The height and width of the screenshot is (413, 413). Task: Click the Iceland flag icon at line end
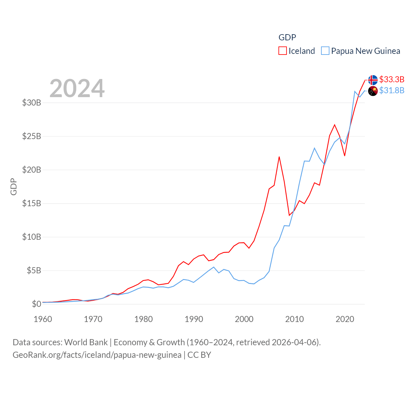coord(373,80)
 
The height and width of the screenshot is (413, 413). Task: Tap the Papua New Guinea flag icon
coord(373,91)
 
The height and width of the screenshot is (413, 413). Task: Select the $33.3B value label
coord(392,79)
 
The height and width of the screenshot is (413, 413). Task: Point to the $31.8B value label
coord(392,90)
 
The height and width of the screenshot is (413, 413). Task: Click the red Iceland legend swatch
coord(282,51)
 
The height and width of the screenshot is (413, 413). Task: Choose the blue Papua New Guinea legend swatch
coord(325,51)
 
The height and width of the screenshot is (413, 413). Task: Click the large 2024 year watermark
coord(77,88)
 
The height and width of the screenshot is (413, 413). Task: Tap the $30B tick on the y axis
coord(32,103)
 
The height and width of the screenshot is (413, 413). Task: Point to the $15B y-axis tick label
coord(32,203)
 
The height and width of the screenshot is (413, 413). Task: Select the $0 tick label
coord(36,304)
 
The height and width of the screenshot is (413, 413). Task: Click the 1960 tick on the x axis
coord(43,319)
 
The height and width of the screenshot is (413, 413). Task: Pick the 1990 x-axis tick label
coord(194,319)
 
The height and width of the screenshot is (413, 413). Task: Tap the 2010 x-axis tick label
coord(295,319)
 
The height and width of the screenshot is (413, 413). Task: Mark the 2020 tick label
coord(345,319)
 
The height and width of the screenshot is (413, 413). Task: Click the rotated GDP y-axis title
coord(14,186)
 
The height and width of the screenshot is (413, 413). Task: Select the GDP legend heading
coord(287,37)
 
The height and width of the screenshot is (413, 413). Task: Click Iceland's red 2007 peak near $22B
coord(279,157)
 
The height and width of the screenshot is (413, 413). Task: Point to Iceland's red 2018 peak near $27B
coord(335,125)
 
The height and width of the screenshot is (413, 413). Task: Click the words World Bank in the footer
coord(86,342)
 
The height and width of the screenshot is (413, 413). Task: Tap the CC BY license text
coord(199,355)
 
